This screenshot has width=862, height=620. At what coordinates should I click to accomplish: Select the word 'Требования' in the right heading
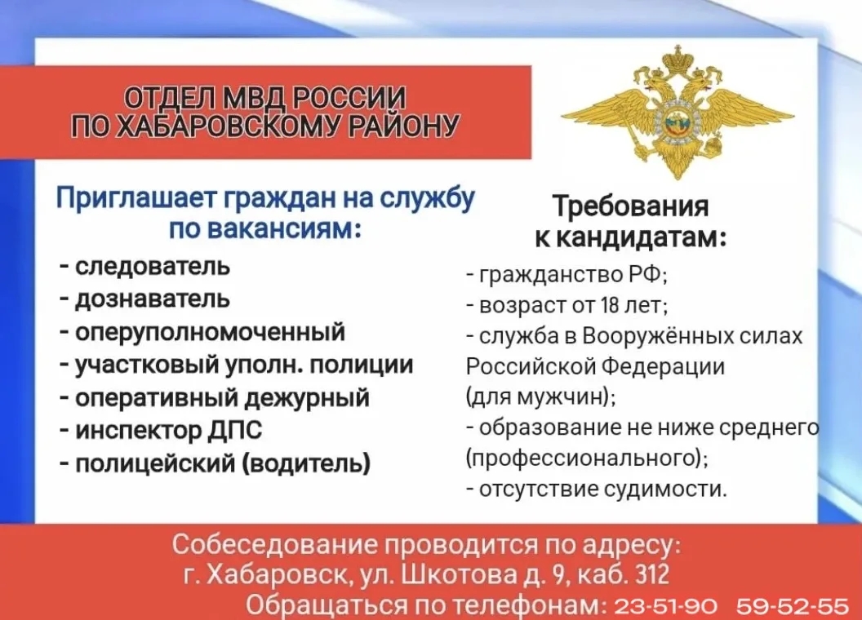pyautogui.click(x=631, y=206)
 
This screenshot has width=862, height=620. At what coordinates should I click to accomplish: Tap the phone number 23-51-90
pyautogui.click(x=665, y=606)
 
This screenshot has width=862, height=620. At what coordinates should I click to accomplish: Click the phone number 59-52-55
pyautogui.click(x=793, y=606)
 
